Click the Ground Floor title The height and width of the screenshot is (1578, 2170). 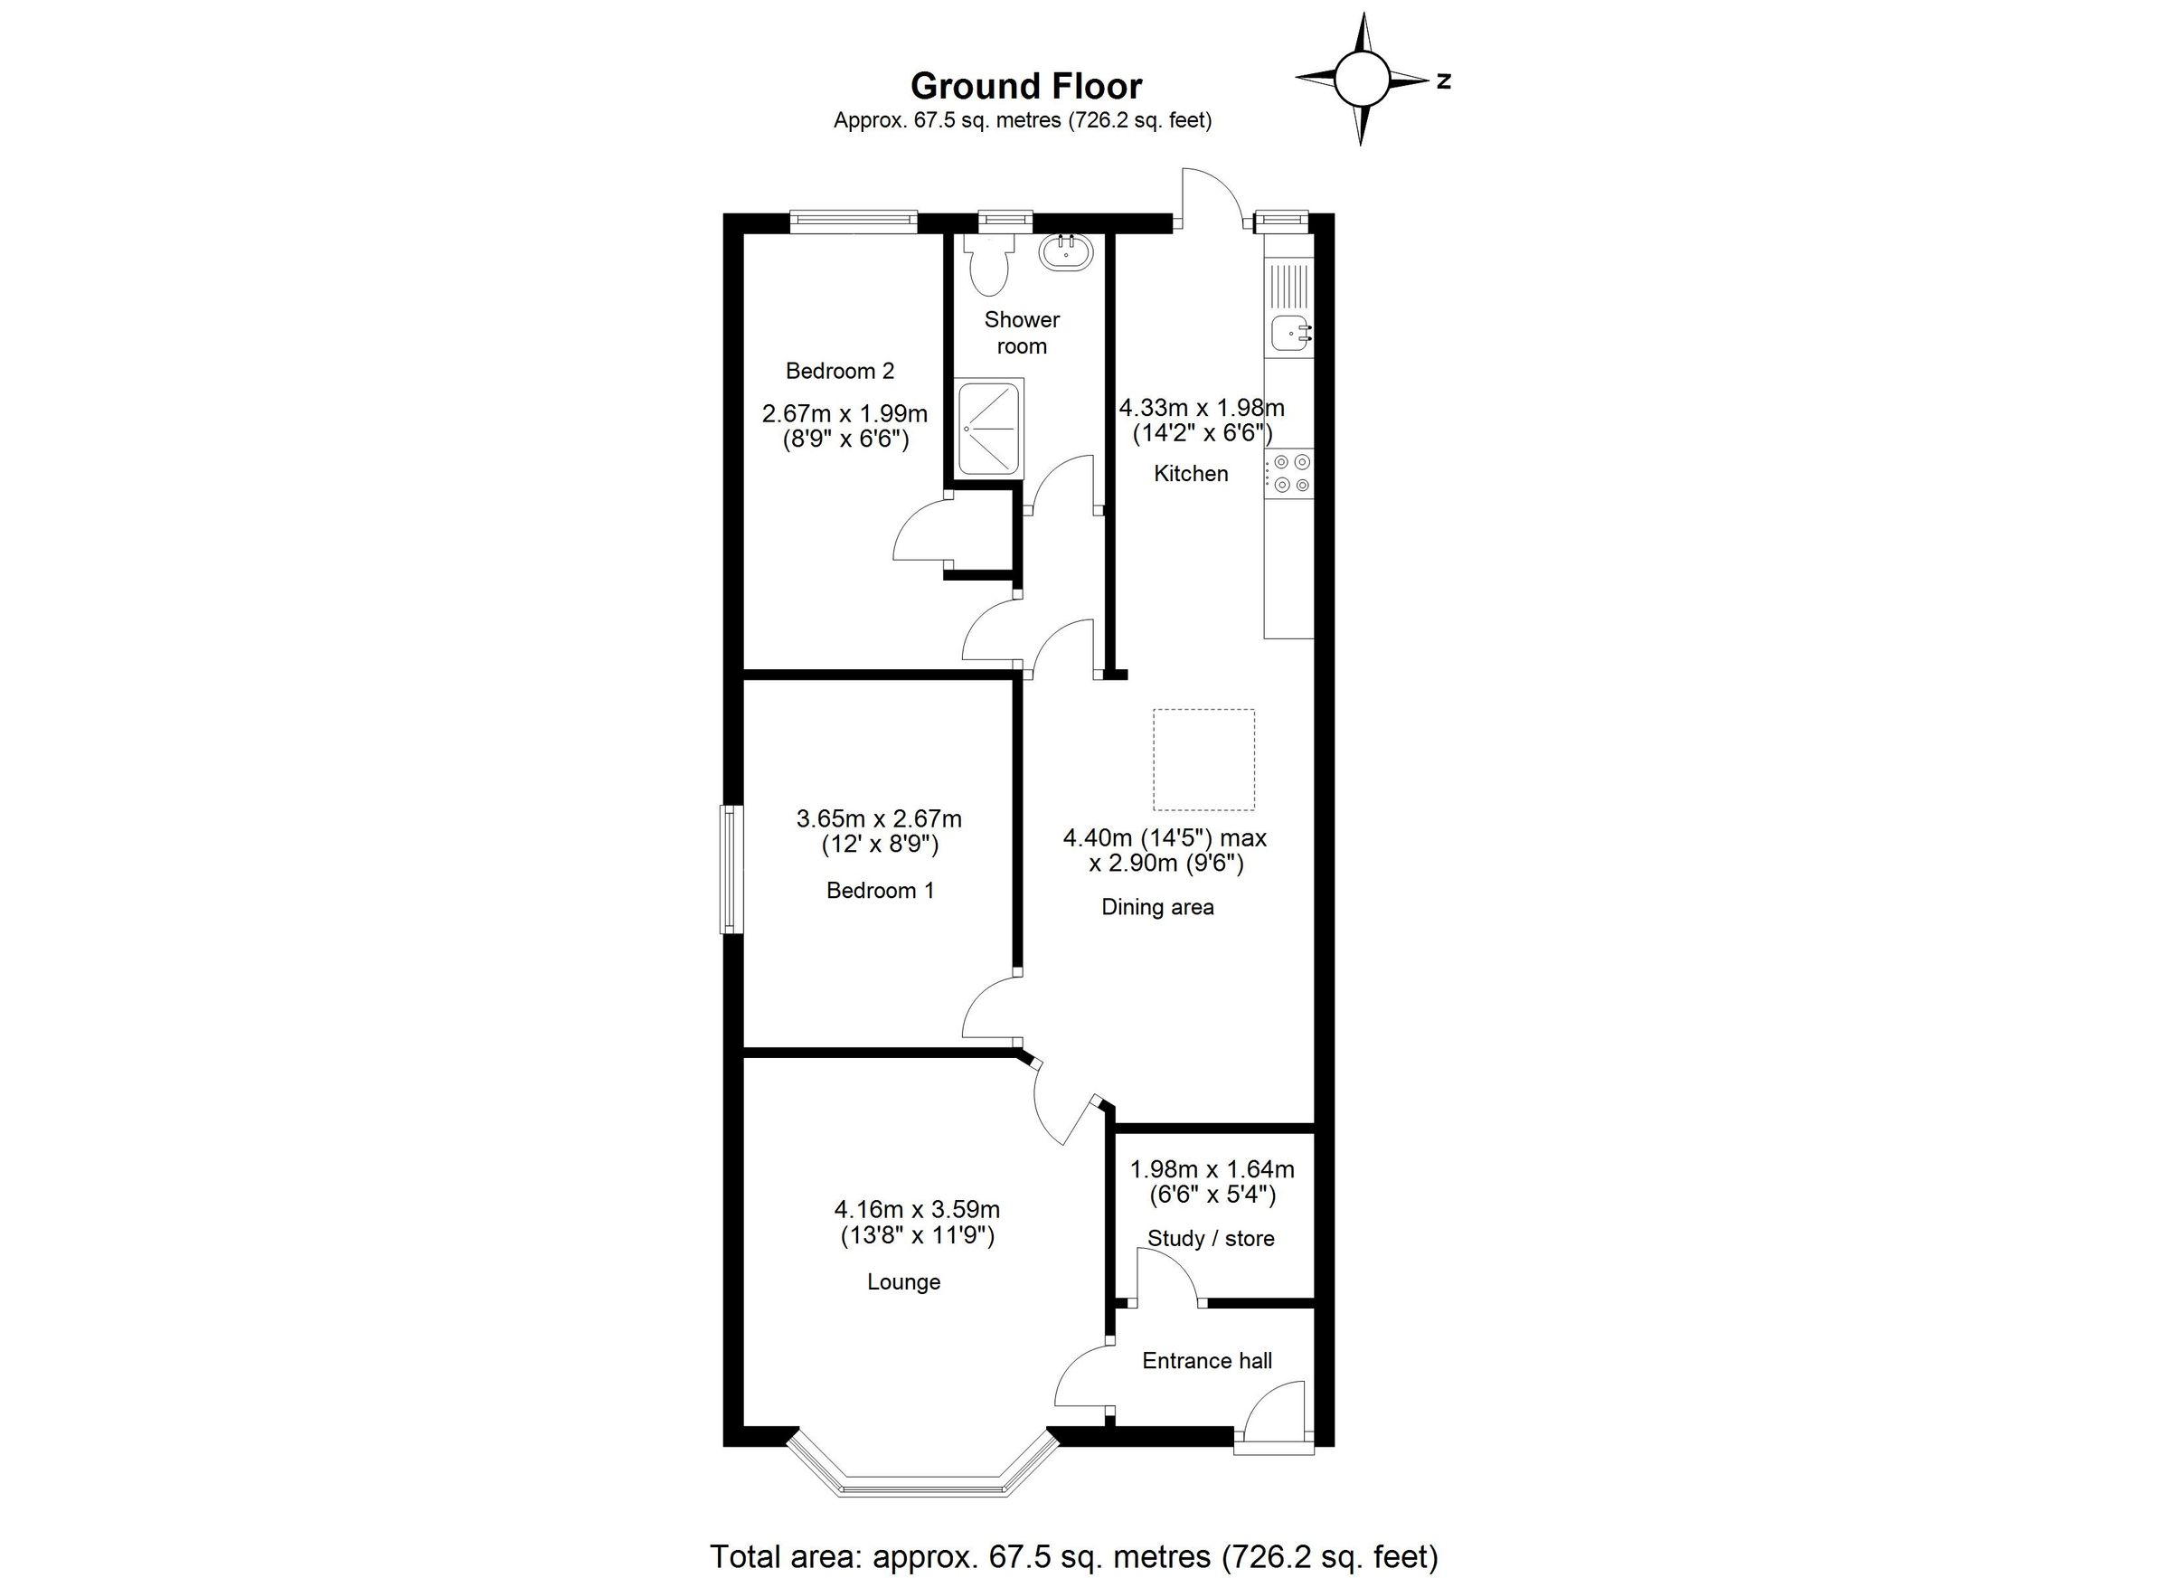click(1025, 86)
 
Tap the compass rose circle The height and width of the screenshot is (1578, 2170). click(1361, 80)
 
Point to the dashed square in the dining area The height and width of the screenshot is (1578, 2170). click(1203, 759)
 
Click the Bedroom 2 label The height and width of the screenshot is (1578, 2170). click(839, 371)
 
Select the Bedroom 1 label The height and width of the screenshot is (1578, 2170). click(879, 890)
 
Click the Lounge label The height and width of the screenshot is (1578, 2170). click(903, 1281)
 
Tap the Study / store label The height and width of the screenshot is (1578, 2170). click(1211, 1238)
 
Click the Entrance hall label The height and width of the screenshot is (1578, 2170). click(1206, 1361)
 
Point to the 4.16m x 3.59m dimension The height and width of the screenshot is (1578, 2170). click(917, 1210)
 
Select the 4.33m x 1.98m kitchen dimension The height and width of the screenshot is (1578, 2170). click(1202, 408)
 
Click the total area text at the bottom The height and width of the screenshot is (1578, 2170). click(1073, 1556)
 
